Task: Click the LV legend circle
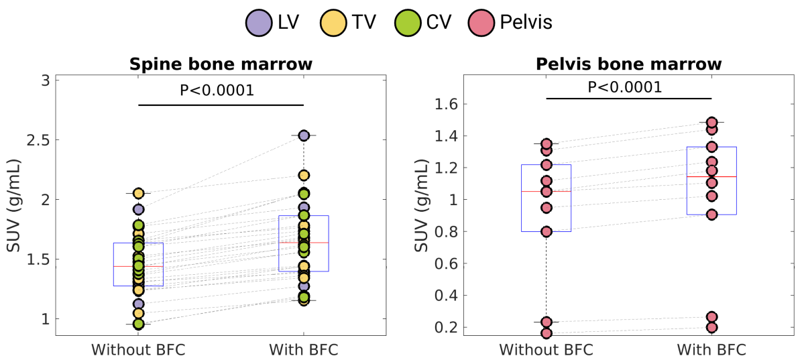coord(257,22)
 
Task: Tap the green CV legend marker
coord(407,22)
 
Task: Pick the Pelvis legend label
coord(526,22)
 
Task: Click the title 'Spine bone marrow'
coord(221,65)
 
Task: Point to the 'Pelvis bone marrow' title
coord(628,65)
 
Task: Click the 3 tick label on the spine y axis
coord(45,80)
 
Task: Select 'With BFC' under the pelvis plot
coord(711,349)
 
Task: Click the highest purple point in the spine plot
coord(304,135)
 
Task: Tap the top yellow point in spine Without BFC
coord(138,193)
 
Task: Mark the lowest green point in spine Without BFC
coord(138,324)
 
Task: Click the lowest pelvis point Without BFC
coord(547,333)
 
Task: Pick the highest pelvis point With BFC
coord(711,123)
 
